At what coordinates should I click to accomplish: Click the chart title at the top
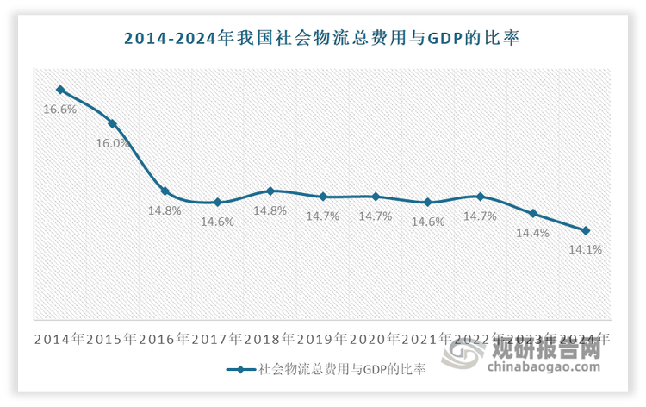pos(322,38)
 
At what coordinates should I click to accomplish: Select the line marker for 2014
pos(60,90)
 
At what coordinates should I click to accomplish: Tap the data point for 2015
pos(113,123)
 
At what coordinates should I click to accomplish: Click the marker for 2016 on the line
pos(165,191)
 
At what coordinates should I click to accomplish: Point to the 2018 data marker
pos(270,191)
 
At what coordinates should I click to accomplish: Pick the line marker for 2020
pos(376,197)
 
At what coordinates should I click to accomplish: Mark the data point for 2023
pos(533,213)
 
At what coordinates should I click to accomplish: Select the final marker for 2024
pos(586,230)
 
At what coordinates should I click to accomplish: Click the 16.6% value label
pos(60,110)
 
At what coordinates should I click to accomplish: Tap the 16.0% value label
pos(113,143)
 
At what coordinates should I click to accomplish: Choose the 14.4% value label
pos(533,233)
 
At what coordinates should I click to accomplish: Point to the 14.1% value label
pos(586,250)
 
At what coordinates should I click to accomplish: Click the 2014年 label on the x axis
pos(60,339)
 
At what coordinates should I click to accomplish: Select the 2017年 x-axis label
pos(218,339)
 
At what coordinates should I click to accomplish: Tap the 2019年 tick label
pos(323,339)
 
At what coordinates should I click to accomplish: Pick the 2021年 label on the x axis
pos(428,339)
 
